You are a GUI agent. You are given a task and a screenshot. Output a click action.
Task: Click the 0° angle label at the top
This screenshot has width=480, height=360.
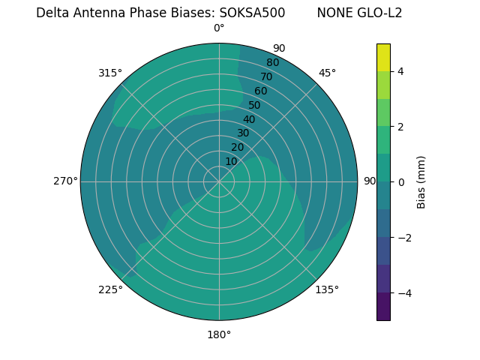(219, 28)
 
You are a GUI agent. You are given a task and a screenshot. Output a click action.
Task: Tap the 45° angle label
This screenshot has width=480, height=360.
(327, 73)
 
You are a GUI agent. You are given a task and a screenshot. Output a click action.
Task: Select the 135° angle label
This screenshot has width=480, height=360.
(327, 289)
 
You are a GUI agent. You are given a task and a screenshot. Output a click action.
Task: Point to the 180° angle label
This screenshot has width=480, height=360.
(219, 334)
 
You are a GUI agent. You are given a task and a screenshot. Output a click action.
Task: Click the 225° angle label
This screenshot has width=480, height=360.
(110, 290)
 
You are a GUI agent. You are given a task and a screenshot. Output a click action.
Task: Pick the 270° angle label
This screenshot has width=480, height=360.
(65, 181)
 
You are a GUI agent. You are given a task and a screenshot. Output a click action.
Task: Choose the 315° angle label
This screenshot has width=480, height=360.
(110, 73)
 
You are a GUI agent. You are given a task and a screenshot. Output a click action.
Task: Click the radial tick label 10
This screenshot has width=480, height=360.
(231, 161)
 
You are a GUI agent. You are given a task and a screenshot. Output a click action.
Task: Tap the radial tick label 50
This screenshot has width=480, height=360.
(255, 105)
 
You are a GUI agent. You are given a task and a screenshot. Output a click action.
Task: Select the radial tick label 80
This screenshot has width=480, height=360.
(272, 63)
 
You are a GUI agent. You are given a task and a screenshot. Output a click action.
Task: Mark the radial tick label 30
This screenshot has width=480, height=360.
(243, 133)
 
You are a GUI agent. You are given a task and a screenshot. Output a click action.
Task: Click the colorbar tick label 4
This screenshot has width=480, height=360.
(400, 71)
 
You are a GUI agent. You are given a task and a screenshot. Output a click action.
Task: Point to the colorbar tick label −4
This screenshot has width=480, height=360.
(403, 292)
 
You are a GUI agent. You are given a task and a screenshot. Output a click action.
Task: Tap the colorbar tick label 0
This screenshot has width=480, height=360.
(400, 181)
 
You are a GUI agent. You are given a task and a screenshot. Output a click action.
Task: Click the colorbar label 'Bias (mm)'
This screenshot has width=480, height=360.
(421, 181)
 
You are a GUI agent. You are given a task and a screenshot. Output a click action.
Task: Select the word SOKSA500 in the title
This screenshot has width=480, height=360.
(252, 13)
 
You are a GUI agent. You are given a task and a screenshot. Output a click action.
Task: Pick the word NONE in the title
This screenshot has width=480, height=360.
(332, 13)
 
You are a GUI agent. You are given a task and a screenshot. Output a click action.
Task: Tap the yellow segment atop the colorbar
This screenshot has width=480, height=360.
(383, 58)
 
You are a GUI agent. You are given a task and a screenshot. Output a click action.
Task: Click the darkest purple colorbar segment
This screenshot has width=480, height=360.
(383, 306)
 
